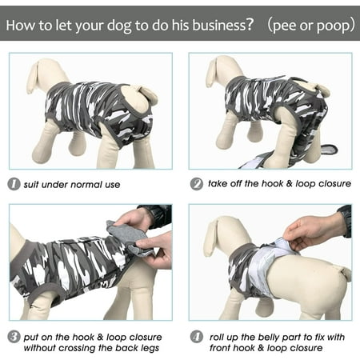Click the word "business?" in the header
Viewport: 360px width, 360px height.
coord(222,25)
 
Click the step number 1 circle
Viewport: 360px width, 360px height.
coord(14,184)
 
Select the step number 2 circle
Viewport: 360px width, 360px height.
coord(197,184)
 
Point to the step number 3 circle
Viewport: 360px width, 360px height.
coord(14,337)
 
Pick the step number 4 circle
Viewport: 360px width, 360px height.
coord(197,337)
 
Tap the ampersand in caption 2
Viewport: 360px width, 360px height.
coord(290,183)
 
